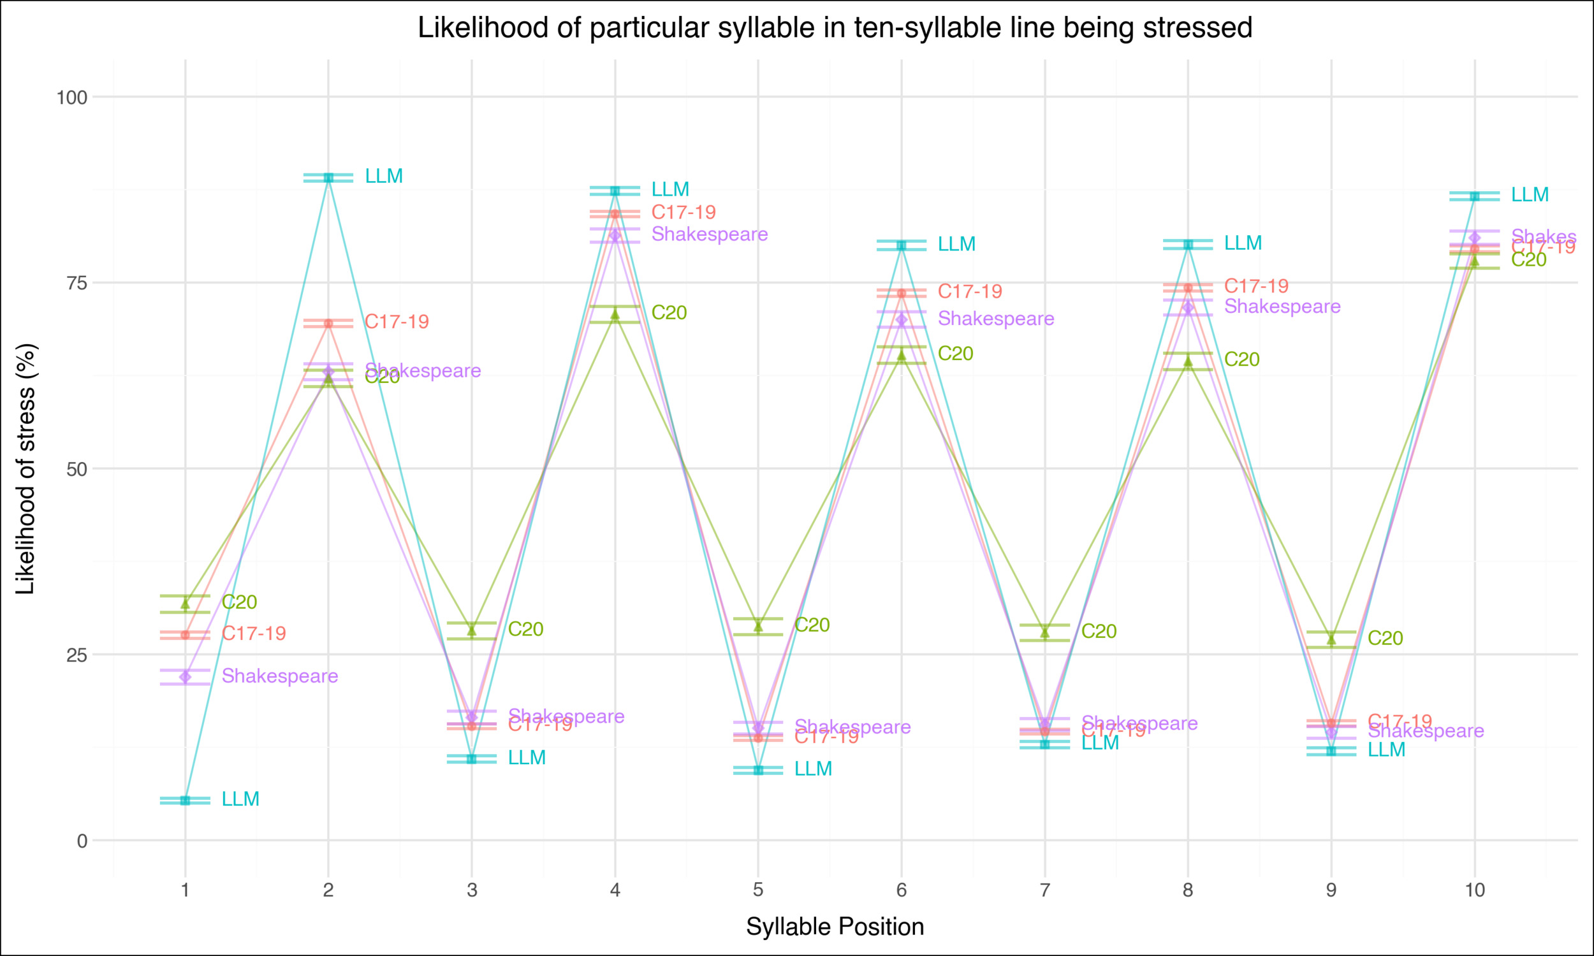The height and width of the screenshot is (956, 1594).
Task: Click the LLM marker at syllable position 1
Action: [185, 800]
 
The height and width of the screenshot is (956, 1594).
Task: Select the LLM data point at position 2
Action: [328, 178]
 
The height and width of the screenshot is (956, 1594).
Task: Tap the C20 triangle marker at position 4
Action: [615, 314]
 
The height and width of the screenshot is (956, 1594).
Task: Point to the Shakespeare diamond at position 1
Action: [185, 677]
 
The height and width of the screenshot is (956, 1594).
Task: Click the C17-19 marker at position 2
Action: [328, 323]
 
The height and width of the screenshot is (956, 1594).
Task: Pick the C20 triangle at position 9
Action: [1331, 640]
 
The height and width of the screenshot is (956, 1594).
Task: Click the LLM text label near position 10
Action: [1530, 194]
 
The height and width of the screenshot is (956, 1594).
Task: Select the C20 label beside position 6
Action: [955, 354]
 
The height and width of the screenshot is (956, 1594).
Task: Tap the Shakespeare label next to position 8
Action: [1282, 307]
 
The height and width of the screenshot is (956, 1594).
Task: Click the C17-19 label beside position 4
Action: [683, 212]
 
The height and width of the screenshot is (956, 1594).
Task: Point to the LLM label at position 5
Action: [813, 769]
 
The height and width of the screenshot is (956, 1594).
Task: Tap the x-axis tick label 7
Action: [1044, 891]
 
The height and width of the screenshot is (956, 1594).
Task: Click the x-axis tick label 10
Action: [1474, 891]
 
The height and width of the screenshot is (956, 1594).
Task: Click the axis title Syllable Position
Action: [835, 927]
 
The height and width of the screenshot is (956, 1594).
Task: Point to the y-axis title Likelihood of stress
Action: [26, 469]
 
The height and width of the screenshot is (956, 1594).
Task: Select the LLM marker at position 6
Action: [902, 245]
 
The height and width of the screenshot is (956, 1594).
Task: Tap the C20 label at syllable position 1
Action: [239, 602]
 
